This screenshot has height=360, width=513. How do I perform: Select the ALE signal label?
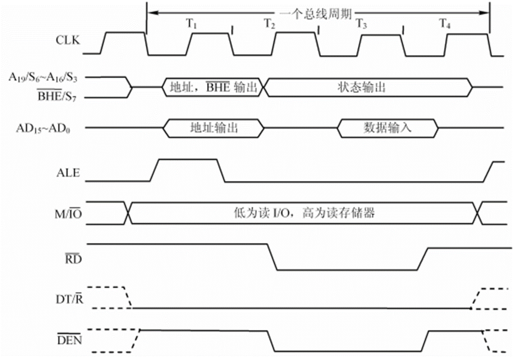pyautogui.click(x=68, y=173)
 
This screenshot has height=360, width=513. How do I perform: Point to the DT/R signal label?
pyautogui.click(x=68, y=298)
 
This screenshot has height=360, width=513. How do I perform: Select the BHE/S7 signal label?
pyautogui.click(x=52, y=97)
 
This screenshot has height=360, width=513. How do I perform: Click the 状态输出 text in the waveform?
pyautogui.click(x=360, y=87)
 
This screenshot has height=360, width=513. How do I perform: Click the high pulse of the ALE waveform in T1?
pyautogui.click(x=187, y=160)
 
